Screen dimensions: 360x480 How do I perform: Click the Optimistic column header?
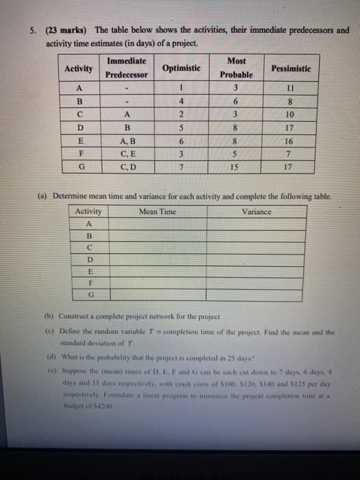click(181, 69)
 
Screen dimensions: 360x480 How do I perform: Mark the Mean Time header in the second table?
click(158, 212)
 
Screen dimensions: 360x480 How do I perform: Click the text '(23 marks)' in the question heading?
click(67, 30)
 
